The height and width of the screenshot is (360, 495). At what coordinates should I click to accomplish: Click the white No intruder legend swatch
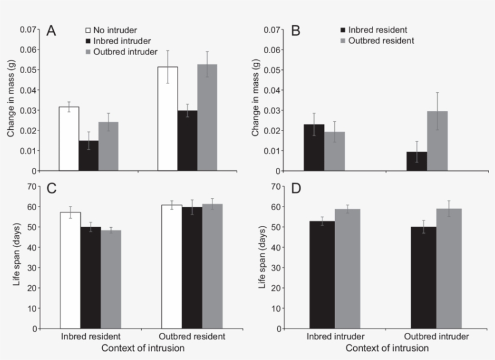(x=88, y=29)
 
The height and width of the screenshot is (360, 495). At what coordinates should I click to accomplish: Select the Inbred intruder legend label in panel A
(x=117, y=40)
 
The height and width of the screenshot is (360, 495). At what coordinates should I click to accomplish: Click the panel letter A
(x=51, y=31)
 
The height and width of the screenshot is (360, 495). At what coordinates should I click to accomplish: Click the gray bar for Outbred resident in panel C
(x=212, y=266)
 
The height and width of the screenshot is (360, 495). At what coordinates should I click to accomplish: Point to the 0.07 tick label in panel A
(x=28, y=30)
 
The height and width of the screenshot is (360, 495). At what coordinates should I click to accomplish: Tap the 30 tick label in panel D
(x=277, y=268)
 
